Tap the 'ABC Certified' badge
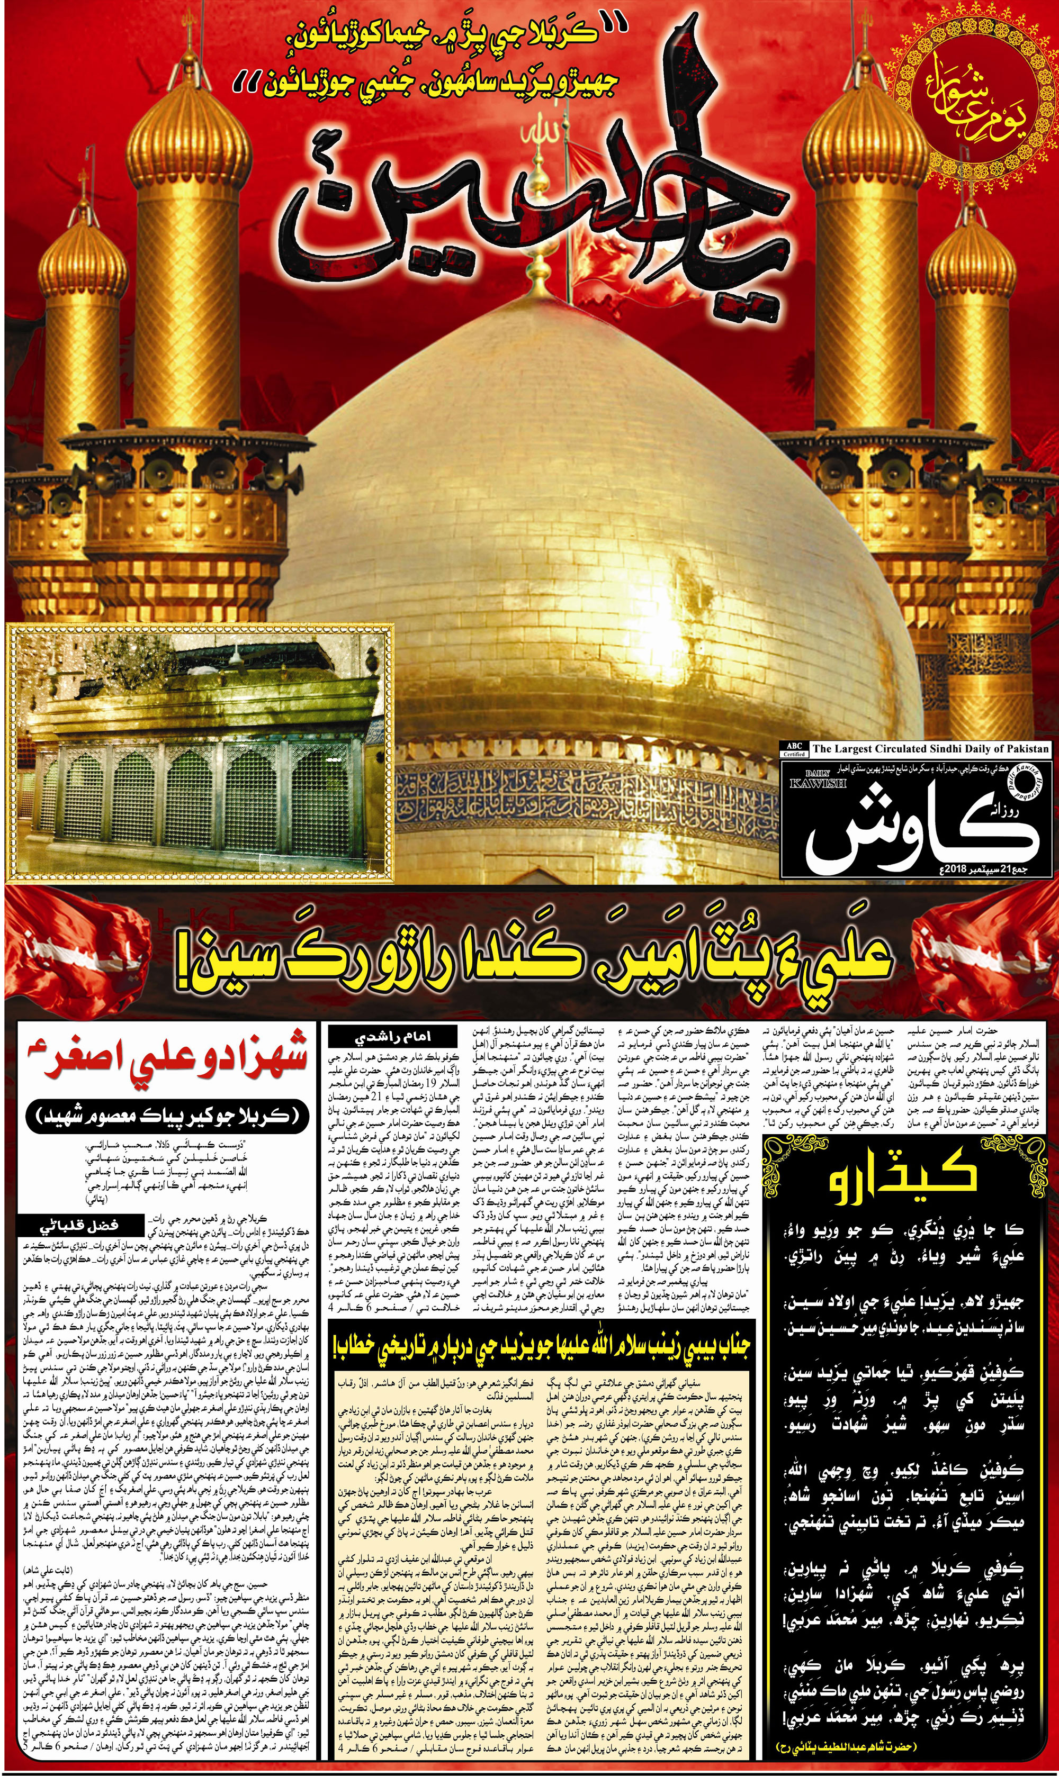[x=794, y=748]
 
